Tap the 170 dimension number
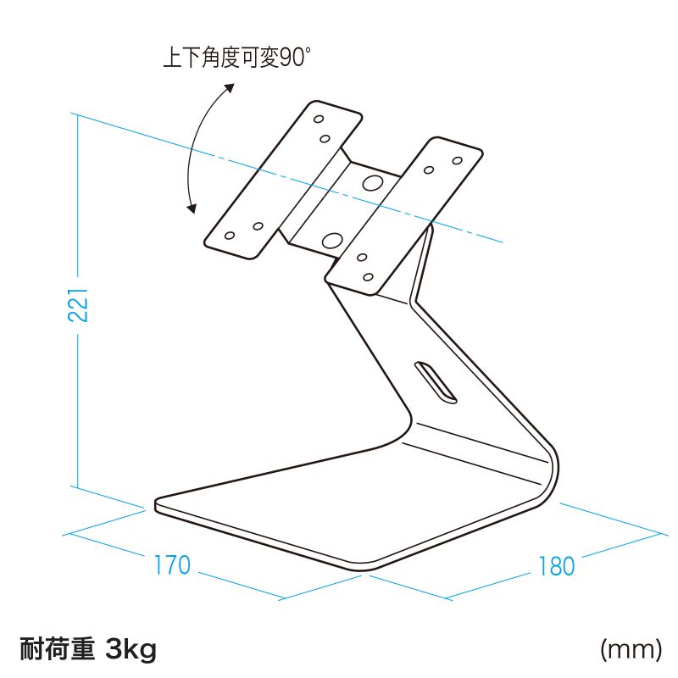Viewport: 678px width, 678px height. point(172,565)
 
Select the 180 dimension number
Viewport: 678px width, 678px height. point(557,566)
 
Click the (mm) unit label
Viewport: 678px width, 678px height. point(630,650)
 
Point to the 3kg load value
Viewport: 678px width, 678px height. point(131,651)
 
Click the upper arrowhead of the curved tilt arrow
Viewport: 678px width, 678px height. point(229,86)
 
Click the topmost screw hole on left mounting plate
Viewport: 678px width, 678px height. point(320,117)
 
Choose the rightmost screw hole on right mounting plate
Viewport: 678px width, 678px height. point(457,159)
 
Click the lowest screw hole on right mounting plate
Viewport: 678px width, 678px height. point(367,276)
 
